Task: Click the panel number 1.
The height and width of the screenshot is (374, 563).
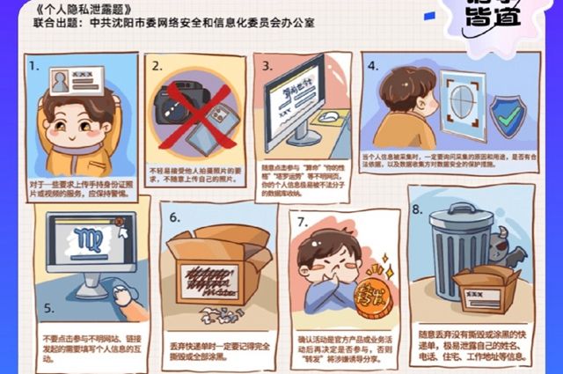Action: click(33, 66)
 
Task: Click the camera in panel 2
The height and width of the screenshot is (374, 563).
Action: click(179, 113)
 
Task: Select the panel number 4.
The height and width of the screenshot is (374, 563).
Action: click(372, 66)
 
